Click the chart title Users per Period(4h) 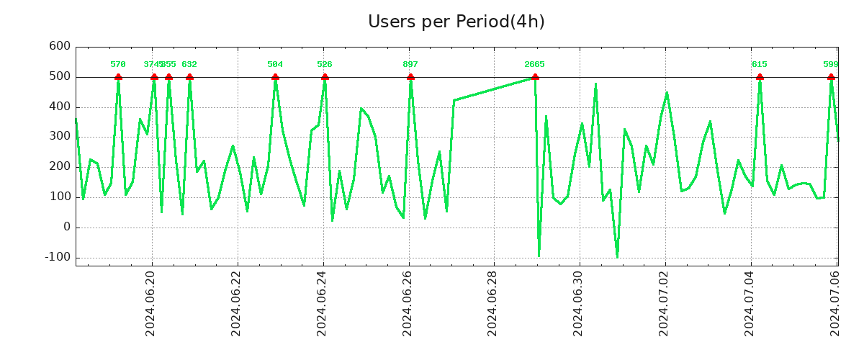tap(456, 22)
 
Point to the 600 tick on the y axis tap(59, 47)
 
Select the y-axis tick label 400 tap(59, 107)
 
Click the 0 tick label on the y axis tap(66, 227)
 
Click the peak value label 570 tap(118, 65)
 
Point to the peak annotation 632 tap(189, 65)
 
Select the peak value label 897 tap(410, 65)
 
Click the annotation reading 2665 tap(534, 65)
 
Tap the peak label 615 tap(760, 65)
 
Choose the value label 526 tap(325, 65)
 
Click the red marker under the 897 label tap(410, 77)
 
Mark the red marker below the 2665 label tap(534, 77)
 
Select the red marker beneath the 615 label tap(760, 77)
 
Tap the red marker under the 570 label tap(118, 77)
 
